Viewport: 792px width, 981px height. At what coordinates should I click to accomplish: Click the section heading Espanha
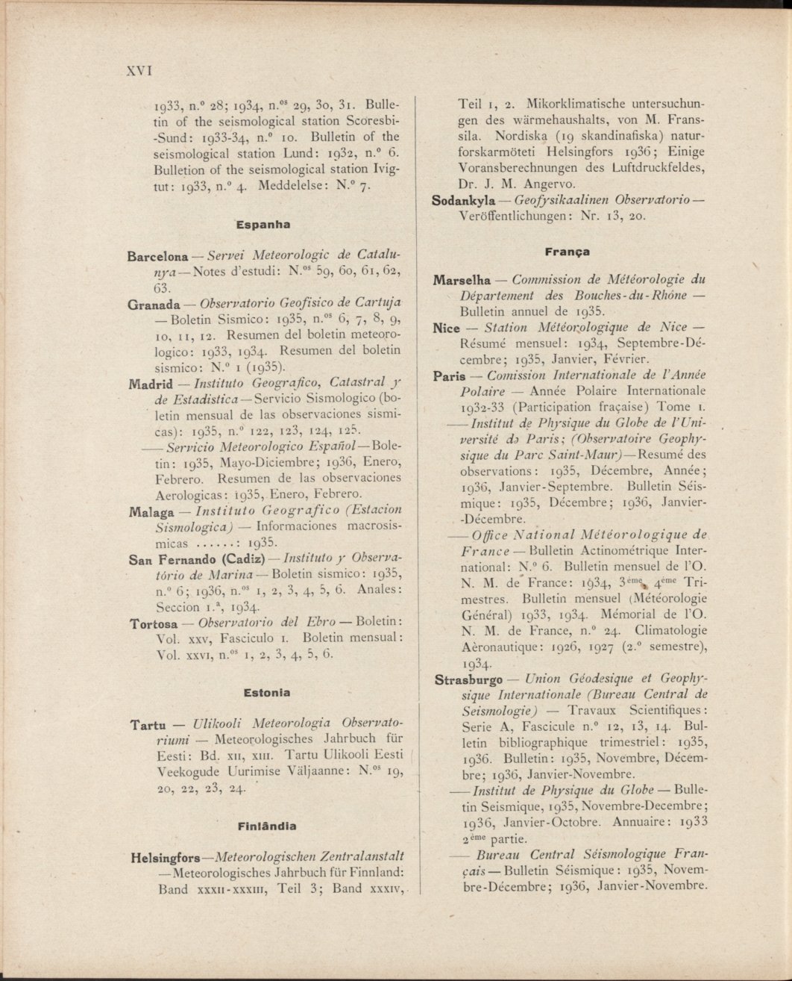point(263,224)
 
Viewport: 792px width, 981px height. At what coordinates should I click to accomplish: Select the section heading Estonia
point(265,693)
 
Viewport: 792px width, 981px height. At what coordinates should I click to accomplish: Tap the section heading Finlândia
point(267,826)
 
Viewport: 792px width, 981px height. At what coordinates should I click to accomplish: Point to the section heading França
point(567,252)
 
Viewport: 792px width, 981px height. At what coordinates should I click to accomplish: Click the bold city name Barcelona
point(157,256)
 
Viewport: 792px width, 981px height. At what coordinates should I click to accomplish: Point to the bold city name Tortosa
point(154,623)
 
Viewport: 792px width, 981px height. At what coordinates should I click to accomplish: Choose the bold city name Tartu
point(147,725)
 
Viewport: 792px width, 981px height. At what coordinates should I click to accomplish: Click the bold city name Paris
point(448,376)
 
